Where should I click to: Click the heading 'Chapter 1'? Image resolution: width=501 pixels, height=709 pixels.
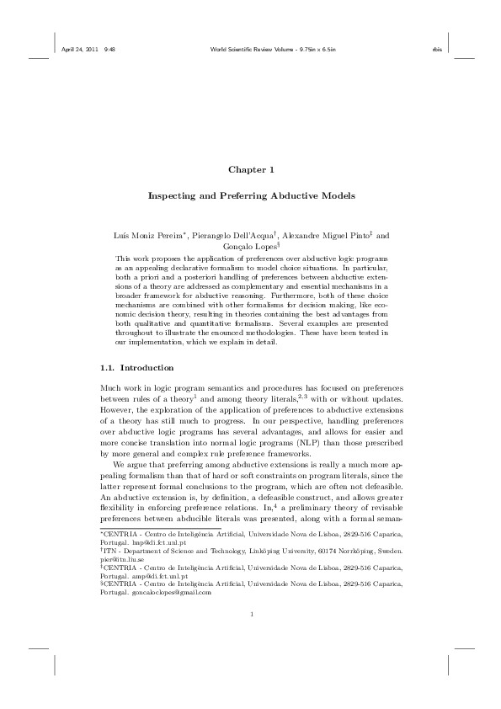[251, 170]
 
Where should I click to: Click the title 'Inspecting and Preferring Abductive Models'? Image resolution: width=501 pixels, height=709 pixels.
[251, 195]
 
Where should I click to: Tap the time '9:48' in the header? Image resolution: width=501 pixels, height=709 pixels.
[109, 49]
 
